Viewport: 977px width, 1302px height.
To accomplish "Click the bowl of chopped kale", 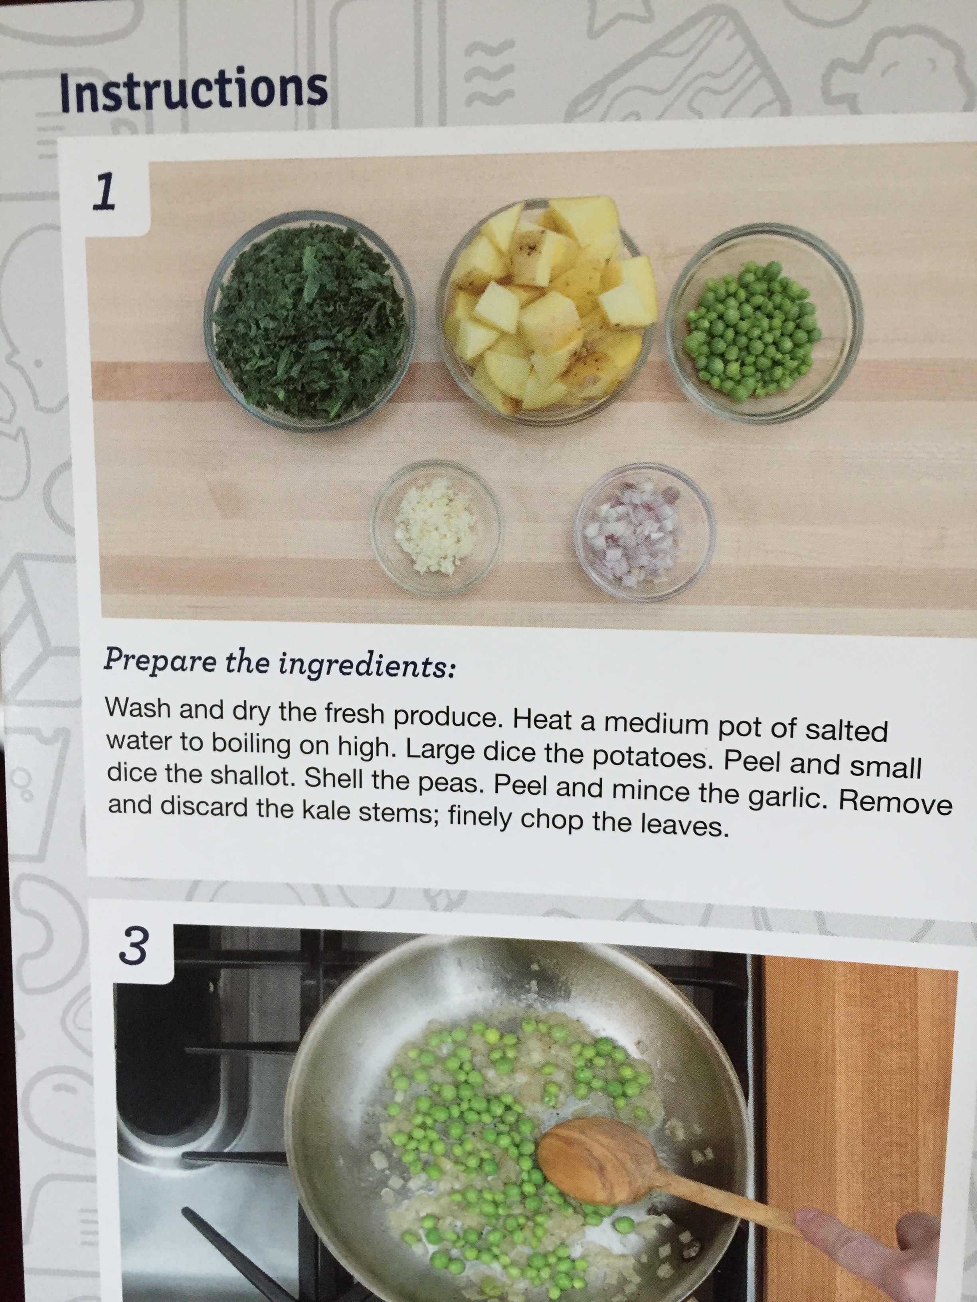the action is coord(311,321).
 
